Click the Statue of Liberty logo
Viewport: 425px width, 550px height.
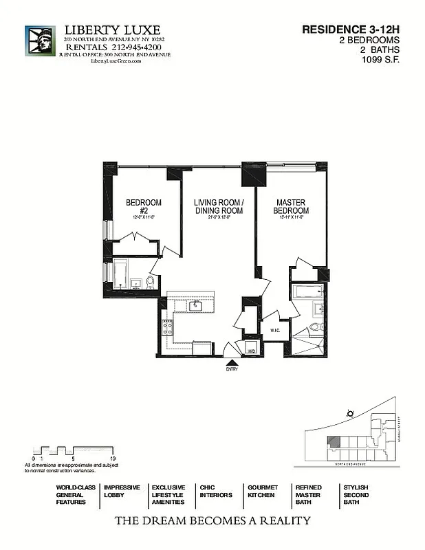click(x=40, y=41)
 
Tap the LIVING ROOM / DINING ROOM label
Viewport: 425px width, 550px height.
click(x=218, y=206)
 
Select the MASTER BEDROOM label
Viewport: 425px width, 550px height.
click(x=291, y=206)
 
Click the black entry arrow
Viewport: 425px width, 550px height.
click(x=231, y=362)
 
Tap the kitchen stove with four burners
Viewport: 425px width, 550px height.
click(x=167, y=327)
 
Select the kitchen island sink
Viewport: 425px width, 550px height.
click(x=195, y=305)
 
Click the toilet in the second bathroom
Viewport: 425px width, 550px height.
click(x=150, y=282)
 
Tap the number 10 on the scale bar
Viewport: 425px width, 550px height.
click(x=112, y=457)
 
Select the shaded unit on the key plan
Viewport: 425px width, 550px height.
click(x=333, y=443)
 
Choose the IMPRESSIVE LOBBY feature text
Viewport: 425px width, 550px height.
click(x=122, y=491)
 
